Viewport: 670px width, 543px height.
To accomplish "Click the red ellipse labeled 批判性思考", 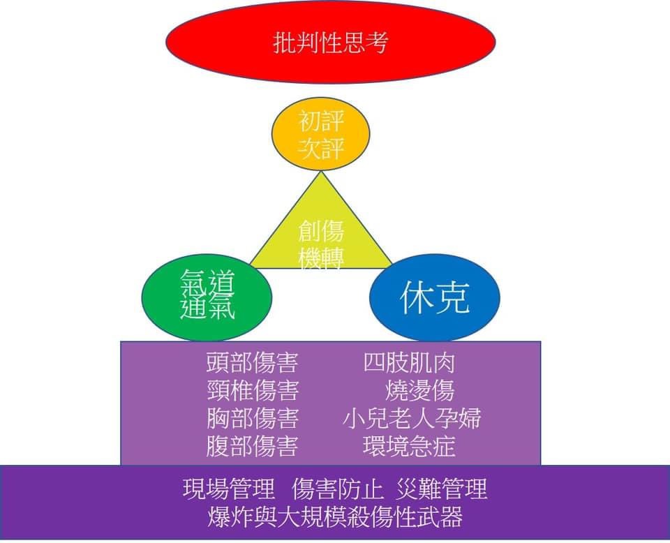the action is coord(330,42).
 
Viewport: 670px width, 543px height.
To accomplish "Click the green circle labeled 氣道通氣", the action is coord(207,295).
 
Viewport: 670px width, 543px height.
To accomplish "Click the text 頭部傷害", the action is coord(253,363).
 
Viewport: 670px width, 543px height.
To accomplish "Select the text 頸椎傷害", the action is coord(253,390).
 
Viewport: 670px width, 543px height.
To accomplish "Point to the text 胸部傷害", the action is coord(253,418).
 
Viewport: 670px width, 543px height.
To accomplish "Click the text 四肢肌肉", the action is coord(410,363).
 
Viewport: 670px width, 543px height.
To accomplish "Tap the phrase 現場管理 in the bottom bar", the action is coord(229,489).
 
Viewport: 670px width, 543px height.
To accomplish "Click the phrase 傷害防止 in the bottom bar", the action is coord(340,489).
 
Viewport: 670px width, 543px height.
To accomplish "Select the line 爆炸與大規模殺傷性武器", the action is coord(335,517).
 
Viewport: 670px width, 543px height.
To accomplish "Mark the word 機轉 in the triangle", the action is coord(321,259).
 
